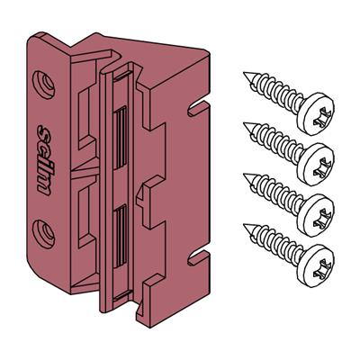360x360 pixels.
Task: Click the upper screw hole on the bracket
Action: coord(44,85)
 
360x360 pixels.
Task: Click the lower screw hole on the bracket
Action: coord(44,234)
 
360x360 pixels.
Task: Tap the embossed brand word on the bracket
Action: coord(44,160)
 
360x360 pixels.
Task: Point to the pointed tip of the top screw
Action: coord(244,73)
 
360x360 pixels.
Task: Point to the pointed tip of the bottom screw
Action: coord(244,224)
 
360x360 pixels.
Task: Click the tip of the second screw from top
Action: coord(244,123)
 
